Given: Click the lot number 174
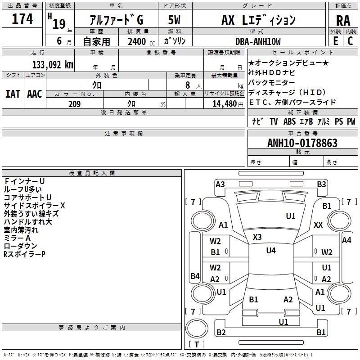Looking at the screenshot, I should pyautogui.click(x=22, y=19).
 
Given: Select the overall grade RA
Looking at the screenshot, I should pyautogui.click(x=343, y=20).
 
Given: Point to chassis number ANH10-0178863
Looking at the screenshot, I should pyautogui.click(x=302, y=143).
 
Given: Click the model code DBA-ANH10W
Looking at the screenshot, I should pyautogui.click(x=258, y=41).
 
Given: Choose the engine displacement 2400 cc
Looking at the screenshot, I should pyautogui.click(x=139, y=41).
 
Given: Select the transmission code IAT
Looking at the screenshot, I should pyautogui.click(x=12, y=94).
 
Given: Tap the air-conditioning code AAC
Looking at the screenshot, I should pyautogui.click(x=35, y=94).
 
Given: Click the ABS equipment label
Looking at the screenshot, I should pyautogui.click(x=289, y=121).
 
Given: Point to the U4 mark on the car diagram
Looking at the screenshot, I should pyautogui.click(x=271, y=251).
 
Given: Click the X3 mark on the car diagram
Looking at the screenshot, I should pyautogui.click(x=257, y=237).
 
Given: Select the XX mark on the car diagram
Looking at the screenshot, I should pyautogui.click(x=318, y=225).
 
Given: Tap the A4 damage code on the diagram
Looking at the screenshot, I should pyautogui.click(x=346, y=240).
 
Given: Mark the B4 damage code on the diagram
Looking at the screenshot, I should pyautogui.click(x=195, y=276).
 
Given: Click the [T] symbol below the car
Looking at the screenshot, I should pyautogui.click(x=196, y=345).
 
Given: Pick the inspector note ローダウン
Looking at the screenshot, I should pyautogui.click(x=21, y=246).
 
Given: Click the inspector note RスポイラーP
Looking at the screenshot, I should pyautogui.click(x=24, y=254).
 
